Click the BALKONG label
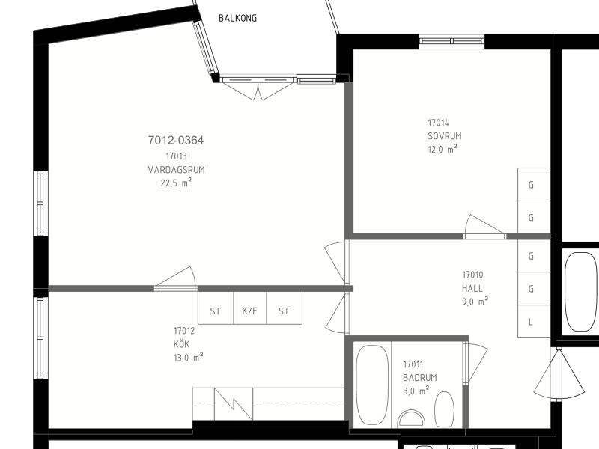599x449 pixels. click(x=237, y=18)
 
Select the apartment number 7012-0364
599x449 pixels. click(x=176, y=140)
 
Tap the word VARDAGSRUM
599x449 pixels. click(x=176, y=170)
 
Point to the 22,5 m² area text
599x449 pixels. click(x=176, y=183)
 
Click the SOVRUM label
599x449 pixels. click(x=445, y=136)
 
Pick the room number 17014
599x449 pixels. click(x=438, y=123)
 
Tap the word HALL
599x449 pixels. click(x=472, y=288)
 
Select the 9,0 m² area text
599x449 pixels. click(x=475, y=302)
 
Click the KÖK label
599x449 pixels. click(x=181, y=343)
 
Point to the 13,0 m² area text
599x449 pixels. click(x=189, y=358)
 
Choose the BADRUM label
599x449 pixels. click(x=420, y=378)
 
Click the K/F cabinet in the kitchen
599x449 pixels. click(x=250, y=308)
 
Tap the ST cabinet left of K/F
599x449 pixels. click(x=216, y=308)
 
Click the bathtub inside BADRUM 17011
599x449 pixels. click(x=372, y=385)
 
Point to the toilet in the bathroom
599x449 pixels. click(x=445, y=409)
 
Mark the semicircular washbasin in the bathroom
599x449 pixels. click(x=411, y=419)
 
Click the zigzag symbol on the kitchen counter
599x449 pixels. click(x=234, y=404)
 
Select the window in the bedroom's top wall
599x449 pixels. click(x=451, y=41)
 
